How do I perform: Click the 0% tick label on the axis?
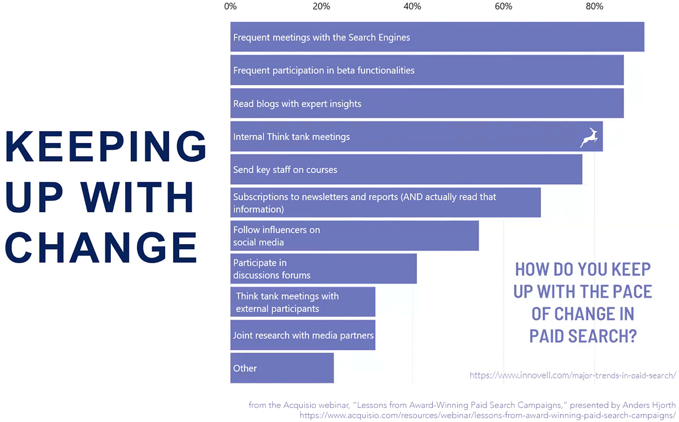point(230,7)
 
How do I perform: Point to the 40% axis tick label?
point(412,7)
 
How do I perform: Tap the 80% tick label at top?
point(594,7)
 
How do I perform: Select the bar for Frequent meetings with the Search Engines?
point(437,37)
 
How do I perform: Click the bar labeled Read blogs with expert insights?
point(427,104)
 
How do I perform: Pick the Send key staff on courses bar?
point(406,169)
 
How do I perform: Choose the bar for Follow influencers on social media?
point(354,236)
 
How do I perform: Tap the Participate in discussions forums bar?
point(323,269)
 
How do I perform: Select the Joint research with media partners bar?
point(303,335)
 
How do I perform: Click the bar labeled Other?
point(282,368)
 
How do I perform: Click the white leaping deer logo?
point(589,137)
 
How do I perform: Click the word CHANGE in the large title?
point(102,247)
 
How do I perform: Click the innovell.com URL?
point(573,375)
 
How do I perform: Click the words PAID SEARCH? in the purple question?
point(583,336)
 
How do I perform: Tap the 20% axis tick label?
point(321,7)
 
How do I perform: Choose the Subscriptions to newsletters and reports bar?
point(385,203)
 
